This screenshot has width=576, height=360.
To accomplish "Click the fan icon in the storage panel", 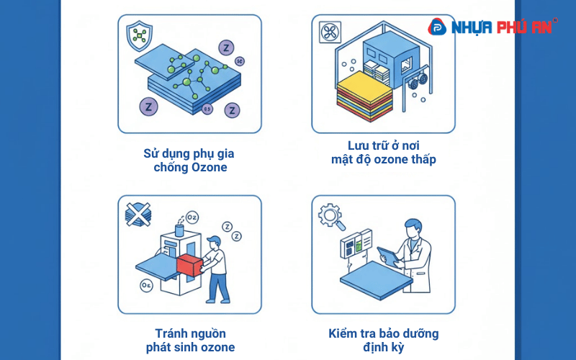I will (x=330, y=32).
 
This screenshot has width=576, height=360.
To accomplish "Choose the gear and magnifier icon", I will (x=332, y=215).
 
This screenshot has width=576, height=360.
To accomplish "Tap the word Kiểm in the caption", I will (x=345, y=333).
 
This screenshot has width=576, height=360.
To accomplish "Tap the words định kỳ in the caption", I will (x=383, y=348).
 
